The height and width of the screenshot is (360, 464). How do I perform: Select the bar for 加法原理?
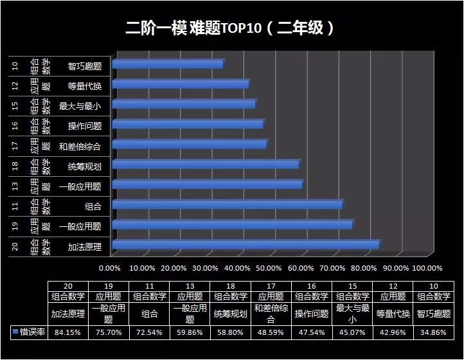[245, 244]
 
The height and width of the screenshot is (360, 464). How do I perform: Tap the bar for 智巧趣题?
[167, 64]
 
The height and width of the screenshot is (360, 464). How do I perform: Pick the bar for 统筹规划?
[205, 165]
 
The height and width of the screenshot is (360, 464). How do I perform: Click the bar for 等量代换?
[180, 84]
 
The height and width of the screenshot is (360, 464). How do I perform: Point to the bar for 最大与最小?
[183, 104]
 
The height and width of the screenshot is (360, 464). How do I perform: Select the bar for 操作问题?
[187, 124]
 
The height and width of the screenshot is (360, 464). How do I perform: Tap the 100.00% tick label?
[427, 268]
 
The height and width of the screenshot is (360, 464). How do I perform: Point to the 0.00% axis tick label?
[111, 268]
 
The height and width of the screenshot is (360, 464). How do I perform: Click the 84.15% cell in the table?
[67, 332]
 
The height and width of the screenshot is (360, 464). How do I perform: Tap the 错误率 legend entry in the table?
[29, 332]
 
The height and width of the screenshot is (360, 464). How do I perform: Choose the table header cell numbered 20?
[67, 286]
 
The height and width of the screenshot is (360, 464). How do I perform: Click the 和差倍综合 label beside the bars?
[80, 146]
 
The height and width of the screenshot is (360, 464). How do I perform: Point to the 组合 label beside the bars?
[93, 206]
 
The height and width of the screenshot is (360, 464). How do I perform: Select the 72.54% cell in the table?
[148, 332]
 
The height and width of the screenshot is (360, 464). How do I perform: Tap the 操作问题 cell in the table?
[310, 314]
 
